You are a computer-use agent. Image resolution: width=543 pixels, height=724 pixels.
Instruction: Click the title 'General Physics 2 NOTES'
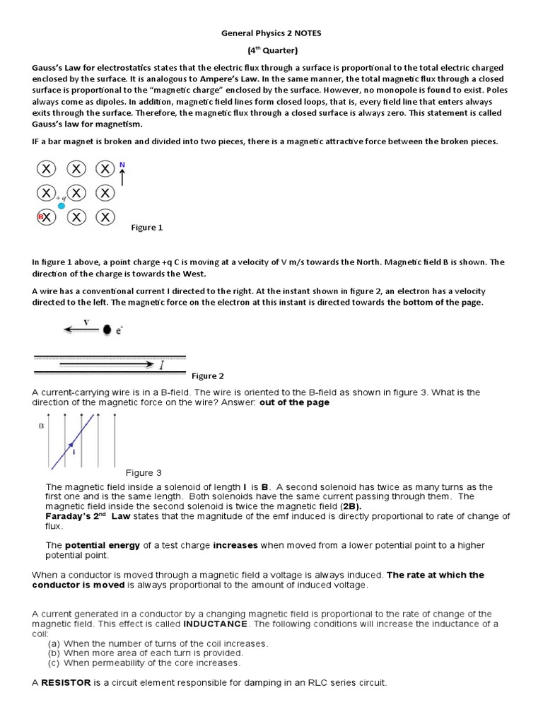[272, 33]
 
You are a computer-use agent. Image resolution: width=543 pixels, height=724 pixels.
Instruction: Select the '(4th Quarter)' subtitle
[272, 50]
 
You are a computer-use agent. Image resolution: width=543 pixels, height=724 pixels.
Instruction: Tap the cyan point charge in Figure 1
[62, 206]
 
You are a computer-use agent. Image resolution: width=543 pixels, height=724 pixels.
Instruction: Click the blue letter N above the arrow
[122, 164]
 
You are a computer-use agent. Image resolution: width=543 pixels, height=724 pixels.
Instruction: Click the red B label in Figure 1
[41, 216]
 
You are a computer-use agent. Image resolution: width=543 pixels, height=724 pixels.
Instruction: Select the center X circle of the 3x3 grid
[76, 193]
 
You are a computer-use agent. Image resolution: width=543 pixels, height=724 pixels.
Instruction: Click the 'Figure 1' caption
[148, 228]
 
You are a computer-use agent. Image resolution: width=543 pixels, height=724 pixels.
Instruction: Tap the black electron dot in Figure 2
[107, 329]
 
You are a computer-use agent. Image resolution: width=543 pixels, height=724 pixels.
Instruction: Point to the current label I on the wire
[161, 366]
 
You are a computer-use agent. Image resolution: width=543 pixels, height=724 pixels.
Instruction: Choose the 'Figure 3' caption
[144, 472]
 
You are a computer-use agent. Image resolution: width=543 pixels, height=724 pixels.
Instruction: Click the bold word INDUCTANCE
[215, 624]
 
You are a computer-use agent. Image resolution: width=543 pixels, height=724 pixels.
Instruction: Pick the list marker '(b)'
[54, 653]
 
